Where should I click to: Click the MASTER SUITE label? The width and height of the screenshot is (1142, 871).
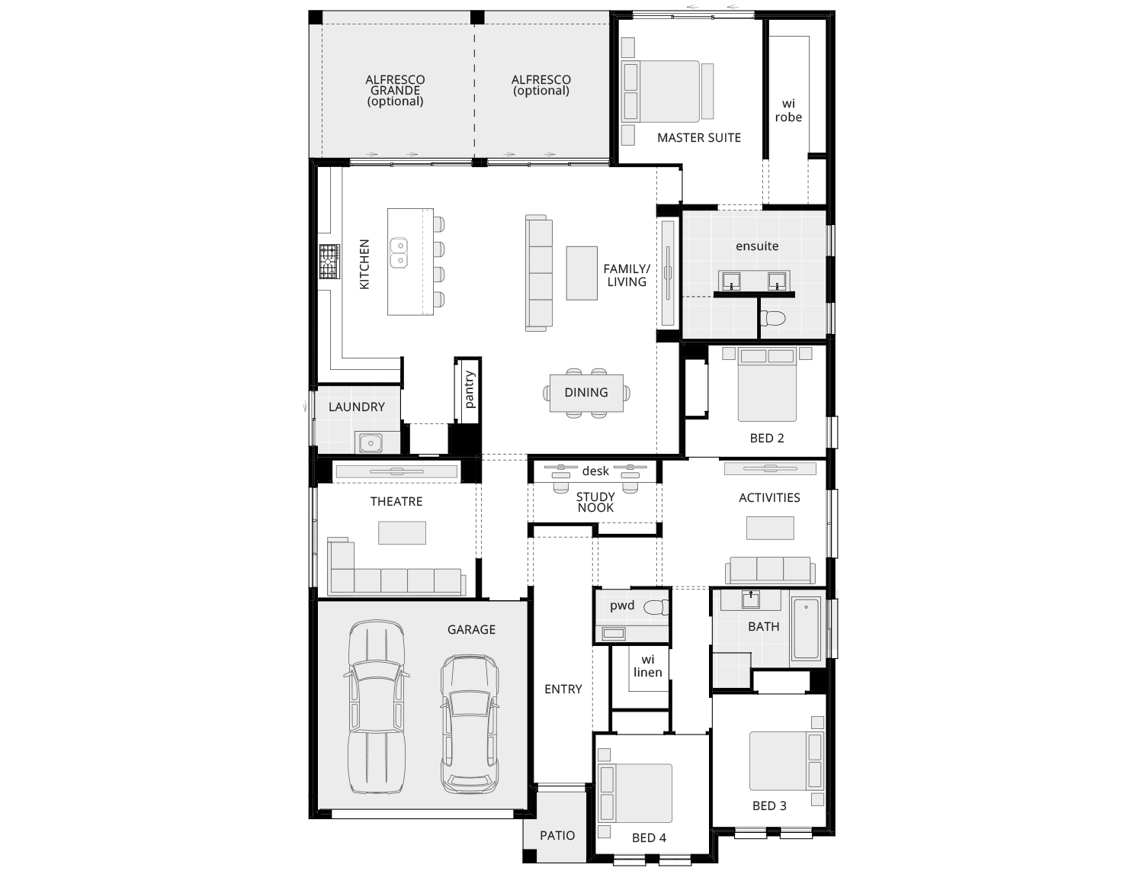point(698,138)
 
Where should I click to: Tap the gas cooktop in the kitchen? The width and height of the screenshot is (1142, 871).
point(329,263)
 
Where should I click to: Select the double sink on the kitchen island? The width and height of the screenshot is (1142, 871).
point(399,253)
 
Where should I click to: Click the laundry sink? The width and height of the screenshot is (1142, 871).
point(371,442)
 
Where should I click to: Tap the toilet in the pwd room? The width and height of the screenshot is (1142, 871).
point(656,608)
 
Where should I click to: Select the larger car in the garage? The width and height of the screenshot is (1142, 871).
point(377,705)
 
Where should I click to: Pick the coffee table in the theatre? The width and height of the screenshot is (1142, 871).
point(402,532)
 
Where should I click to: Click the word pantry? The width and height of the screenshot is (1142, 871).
point(469,389)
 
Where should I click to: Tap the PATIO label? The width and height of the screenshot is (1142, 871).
point(557,835)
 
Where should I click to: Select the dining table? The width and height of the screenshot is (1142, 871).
point(586,393)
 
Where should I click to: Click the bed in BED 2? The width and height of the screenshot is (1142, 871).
point(767,385)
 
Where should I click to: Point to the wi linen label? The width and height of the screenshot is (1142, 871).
point(647,666)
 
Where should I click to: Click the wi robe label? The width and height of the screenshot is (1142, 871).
point(788,111)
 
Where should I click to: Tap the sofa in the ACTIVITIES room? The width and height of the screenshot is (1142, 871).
point(770,570)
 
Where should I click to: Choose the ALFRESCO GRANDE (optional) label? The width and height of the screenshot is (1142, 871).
point(395,90)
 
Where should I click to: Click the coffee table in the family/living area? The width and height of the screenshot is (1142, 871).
point(582,272)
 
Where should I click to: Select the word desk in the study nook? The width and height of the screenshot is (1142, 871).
point(595,471)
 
